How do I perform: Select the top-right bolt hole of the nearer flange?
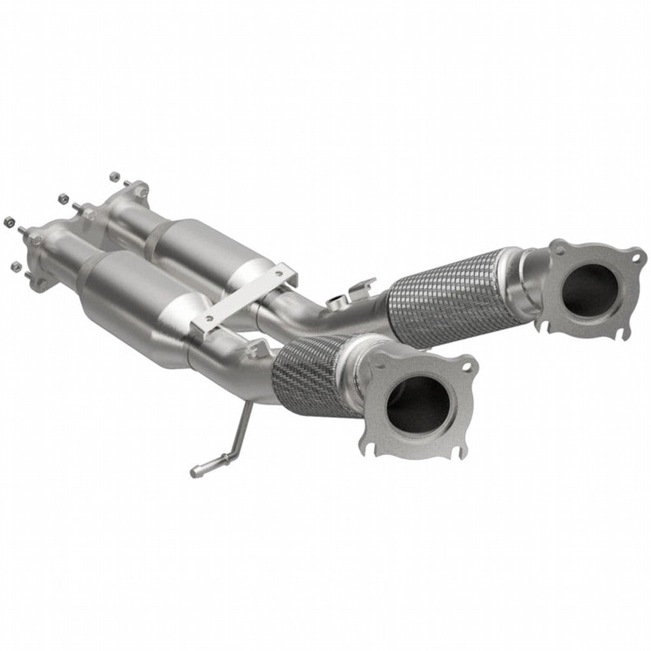point(467,367)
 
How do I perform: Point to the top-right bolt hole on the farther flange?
point(636,257)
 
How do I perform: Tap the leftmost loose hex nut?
point(10,222)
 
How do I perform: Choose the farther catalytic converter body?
point(197,245)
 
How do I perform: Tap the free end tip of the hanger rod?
point(195,473)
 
